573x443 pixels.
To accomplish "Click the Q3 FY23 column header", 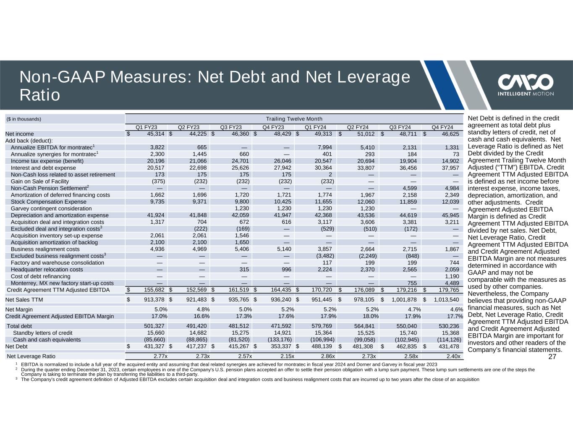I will click(231, 127).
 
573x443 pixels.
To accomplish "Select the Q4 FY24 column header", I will click(442, 127).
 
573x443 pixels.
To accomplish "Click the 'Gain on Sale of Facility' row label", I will click(39, 181).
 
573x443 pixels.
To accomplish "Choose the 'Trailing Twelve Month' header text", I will click(294, 119).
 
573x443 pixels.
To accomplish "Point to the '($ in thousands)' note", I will click(24, 119).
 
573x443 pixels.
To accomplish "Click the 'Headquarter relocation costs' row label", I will click(47, 270).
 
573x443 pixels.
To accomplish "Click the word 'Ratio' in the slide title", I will click(40, 95).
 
